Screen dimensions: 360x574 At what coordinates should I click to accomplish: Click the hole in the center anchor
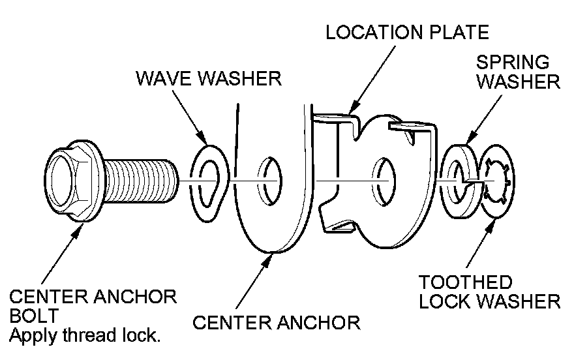269,180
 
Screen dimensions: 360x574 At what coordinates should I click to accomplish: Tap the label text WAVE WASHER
208,79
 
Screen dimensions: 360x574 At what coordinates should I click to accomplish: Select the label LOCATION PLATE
407,33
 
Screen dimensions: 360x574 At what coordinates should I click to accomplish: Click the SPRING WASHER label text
518,72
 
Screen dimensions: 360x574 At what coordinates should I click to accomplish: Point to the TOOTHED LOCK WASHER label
489,292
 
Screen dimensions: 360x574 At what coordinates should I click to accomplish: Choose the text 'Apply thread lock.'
85,337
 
